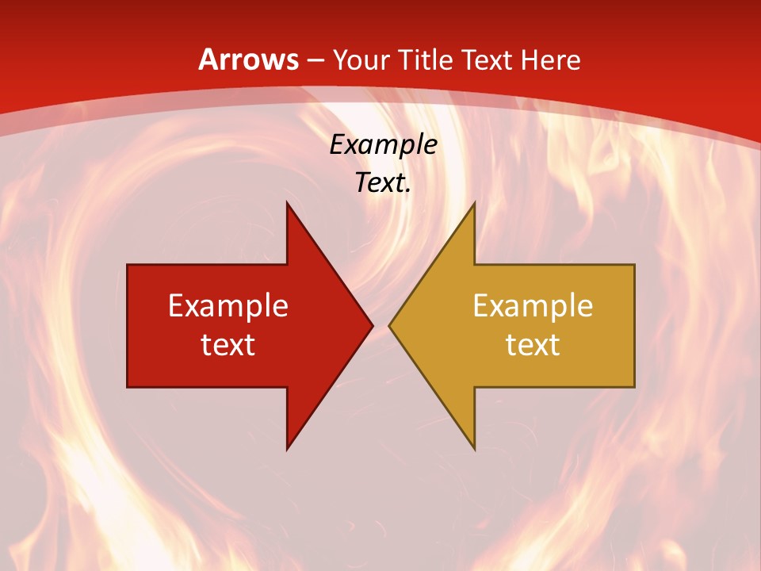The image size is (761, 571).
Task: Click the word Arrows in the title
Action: [x=248, y=59]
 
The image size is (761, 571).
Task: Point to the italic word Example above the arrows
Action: [x=383, y=144]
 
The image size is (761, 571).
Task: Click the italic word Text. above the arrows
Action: [x=383, y=182]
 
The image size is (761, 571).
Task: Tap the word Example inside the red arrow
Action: [x=228, y=305]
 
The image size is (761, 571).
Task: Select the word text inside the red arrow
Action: [x=228, y=344]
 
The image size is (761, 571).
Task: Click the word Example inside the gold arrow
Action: [x=533, y=305]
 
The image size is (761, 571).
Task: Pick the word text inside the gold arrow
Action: [x=533, y=344]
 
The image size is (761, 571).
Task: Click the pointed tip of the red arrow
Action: [x=372, y=325]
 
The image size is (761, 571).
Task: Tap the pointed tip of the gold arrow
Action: [x=389, y=325]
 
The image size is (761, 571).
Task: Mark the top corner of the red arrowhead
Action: [x=287, y=202]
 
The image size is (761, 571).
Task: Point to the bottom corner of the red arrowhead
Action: [x=287, y=449]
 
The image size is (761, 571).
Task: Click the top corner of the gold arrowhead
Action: [x=474, y=202]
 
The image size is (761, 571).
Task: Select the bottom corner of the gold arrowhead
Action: [x=474, y=449]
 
